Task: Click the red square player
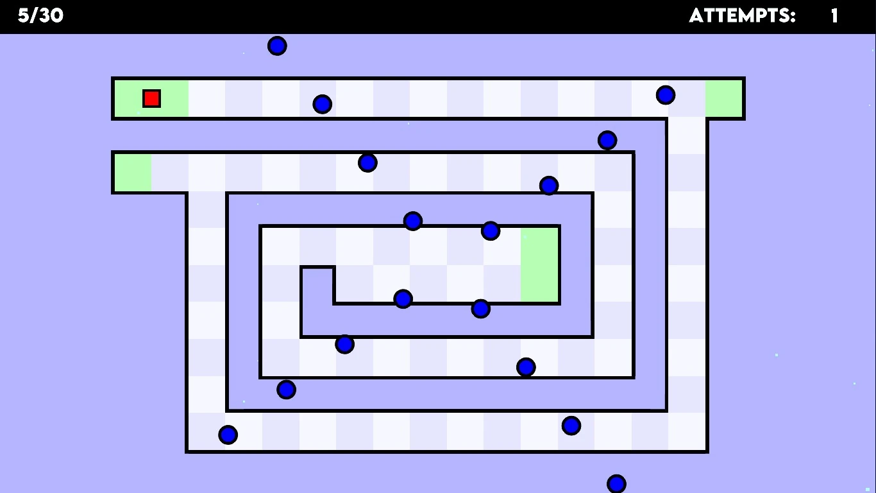tap(151, 98)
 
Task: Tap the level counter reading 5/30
tap(40, 16)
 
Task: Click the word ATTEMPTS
tap(742, 16)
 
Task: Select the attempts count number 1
tap(834, 16)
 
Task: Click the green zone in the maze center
tap(540, 264)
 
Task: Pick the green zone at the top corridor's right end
tap(724, 98)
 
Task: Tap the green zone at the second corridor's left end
tap(133, 173)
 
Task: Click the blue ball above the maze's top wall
tap(277, 46)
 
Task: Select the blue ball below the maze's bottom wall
tap(616, 483)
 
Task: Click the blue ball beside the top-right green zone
tap(666, 95)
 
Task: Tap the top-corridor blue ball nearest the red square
tap(322, 104)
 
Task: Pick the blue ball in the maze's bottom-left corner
tap(228, 435)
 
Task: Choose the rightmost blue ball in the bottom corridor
tap(571, 426)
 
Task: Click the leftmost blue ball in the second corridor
tap(367, 162)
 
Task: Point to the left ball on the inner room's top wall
tap(413, 221)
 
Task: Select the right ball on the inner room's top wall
tap(491, 231)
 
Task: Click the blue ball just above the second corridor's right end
tap(607, 140)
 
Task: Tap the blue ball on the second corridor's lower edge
tap(549, 186)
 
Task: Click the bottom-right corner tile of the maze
tap(687, 431)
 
